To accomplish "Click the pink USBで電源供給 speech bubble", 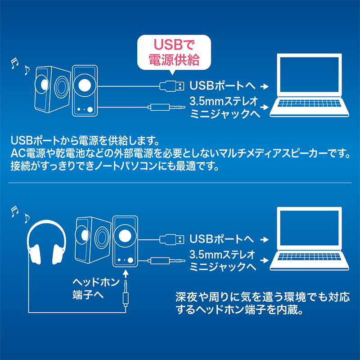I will pyautogui.click(x=174, y=52).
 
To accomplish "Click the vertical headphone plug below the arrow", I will pyautogui.click(x=126, y=297).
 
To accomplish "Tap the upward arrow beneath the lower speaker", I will pyautogui.click(x=126, y=273).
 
